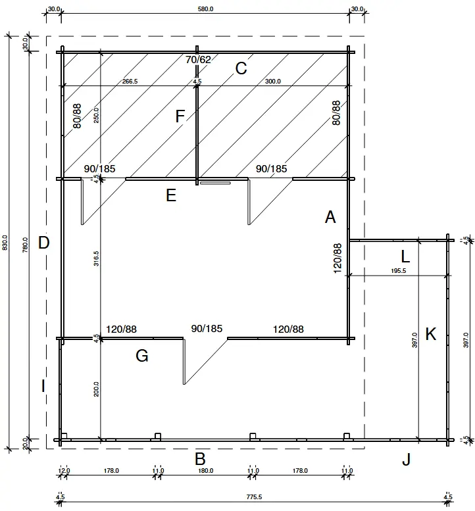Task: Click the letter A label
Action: (x=330, y=217)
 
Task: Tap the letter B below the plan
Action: (x=201, y=459)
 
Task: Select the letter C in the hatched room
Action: (x=241, y=68)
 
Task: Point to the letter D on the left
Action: (x=44, y=243)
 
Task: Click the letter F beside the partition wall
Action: (x=180, y=117)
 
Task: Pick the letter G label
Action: (x=141, y=356)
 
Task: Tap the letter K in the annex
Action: (x=431, y=334)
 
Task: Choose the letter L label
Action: (x=405, y=255)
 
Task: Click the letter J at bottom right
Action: (x=406, y=460)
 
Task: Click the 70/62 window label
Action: (x=199, y=60)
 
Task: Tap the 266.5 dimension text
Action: (x=130, y=82)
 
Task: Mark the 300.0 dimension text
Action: (x=272, y=82)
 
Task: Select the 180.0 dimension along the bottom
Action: (x=205, y=471)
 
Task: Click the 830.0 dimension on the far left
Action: (x=5, y=243)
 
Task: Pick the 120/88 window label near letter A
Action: (x=337, y=258)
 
